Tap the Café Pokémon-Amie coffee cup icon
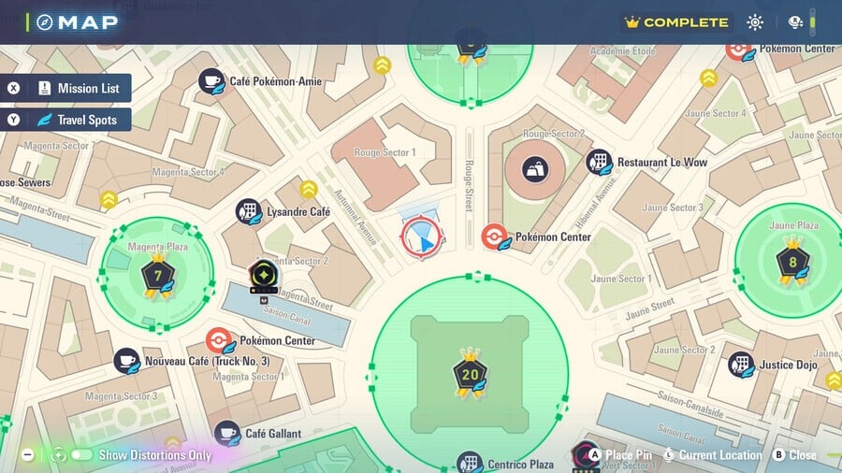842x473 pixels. point(211,81)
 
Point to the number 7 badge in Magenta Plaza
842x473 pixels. point(157,275)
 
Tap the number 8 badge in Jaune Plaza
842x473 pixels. point(792,262)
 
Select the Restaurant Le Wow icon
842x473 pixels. point(600,163)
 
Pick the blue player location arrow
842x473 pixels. point(424,242)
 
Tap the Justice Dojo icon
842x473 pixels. point(742,365)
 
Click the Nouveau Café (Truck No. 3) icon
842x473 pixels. point(127,361)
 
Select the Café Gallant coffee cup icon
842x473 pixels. point(227,433)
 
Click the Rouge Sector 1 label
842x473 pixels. point(386,152)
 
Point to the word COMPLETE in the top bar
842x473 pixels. point(685,22)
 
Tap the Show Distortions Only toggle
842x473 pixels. point(81,455)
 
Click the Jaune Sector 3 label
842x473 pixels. point(673,208)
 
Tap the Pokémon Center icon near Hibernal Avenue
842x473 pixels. point(495,236)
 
